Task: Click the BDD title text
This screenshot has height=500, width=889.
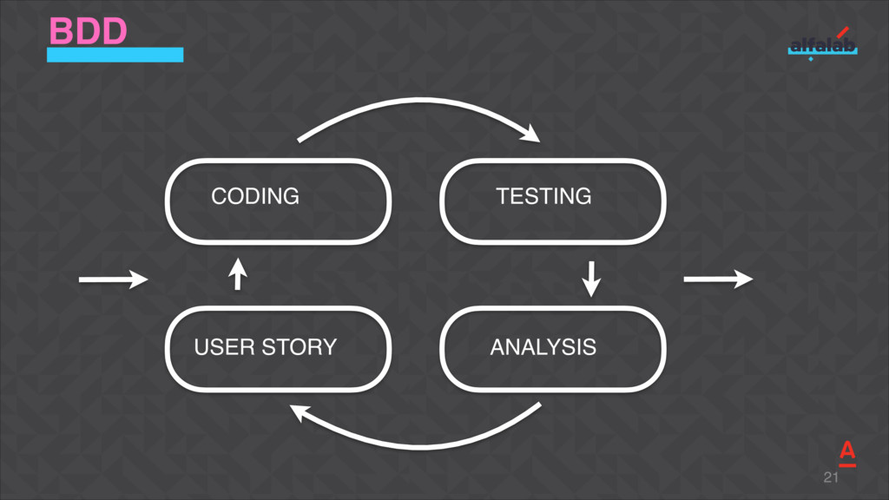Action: click(89, 31)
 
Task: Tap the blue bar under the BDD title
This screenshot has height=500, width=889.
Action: click(115, 55)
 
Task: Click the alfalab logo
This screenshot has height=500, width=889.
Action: click(821, 45)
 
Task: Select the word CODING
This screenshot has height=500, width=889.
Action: click(255, 196)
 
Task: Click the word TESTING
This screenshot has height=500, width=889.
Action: click(543, 196)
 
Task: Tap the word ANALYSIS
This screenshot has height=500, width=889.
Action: click(543, 347)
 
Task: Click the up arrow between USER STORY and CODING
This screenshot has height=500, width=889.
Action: click(237, 274)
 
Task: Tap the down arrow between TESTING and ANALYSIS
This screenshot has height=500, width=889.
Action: click(591, 278)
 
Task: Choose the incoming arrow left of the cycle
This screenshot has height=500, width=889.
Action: click(113, 280)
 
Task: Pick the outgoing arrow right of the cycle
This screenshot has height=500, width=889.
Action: click(718, 279)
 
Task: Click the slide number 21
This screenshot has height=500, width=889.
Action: click(831, 478)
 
